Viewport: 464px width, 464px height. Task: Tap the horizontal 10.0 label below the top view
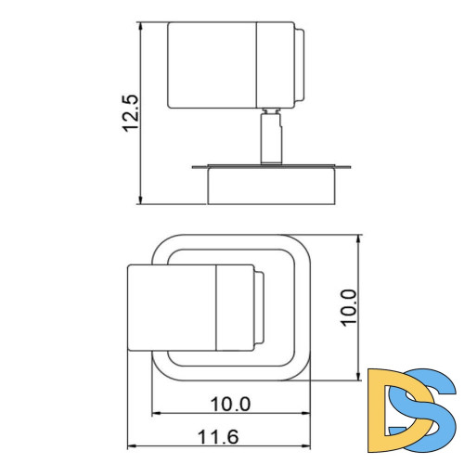click(231, 404)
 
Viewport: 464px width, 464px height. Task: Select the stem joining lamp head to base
click(270, 137)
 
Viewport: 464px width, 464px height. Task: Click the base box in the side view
click(270, 186)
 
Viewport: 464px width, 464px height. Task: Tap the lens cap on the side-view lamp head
click(298, 64)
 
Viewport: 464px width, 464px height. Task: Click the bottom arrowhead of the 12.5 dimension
click(140, 200)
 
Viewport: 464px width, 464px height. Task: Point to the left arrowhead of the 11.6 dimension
click(131, 445)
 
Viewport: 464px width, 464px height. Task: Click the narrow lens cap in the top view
click(259, 308)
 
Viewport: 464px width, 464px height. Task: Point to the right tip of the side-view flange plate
click(351, 168)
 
